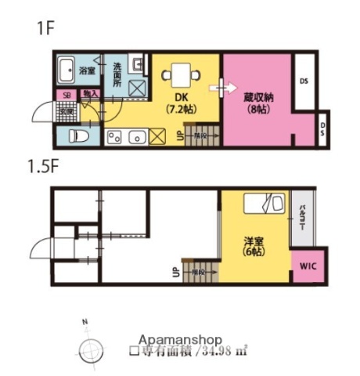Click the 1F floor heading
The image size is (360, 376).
pos(44,30)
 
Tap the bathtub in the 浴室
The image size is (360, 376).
pos(66,70)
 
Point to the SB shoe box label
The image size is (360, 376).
pos(67,95)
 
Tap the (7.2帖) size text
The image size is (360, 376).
pos(182,110)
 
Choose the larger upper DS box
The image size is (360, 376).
pos(304,81)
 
